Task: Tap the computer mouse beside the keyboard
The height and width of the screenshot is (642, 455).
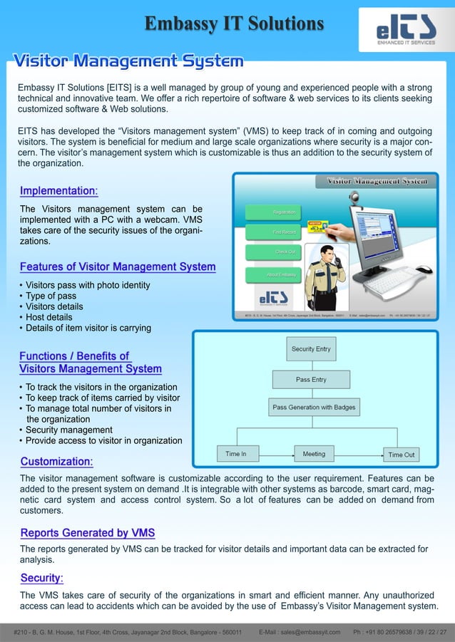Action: pyautogui.click(x=424, y=269)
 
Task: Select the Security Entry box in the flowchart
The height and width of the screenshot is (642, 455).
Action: pyautogui.click(x=312, y=349)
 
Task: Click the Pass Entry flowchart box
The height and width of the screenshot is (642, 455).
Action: pyautogui.click(x=312, y=380)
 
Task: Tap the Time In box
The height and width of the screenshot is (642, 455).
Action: pyautogui.click(x=236, y=454)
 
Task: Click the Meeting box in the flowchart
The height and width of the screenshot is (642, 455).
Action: pyautogui.click(x=314, y=454)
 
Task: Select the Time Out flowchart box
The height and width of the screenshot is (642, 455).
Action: pyautogui.click(x=401, y=455)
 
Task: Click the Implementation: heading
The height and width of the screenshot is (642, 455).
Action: pyautogui.click(x=59, y=191)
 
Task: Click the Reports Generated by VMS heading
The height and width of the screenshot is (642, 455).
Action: pyautogui.click(x=87, y=533)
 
